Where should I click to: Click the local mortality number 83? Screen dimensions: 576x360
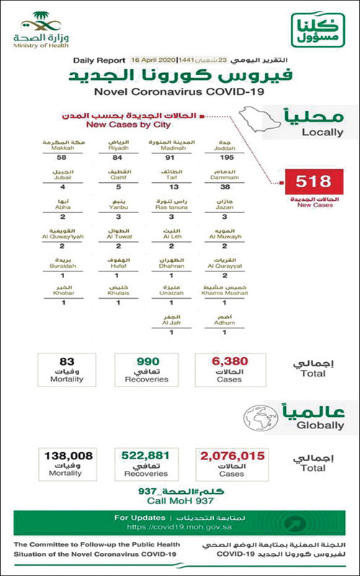pos(64,364)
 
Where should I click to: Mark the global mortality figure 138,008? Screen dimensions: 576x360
pos(65,456)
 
